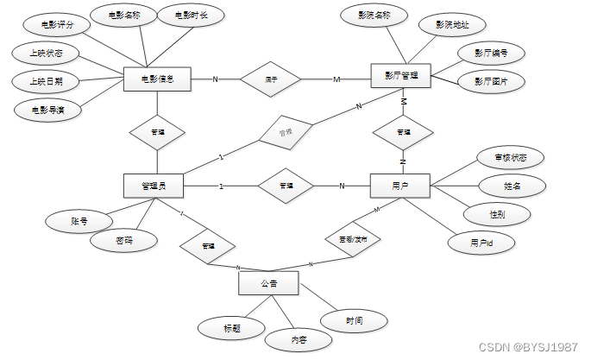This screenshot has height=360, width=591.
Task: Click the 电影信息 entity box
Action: pyautogui.click(x=156, y=79)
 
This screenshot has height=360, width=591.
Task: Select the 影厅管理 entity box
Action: pyautogui.click(x=400, y=75)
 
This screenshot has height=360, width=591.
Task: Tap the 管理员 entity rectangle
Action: pyautogui.click(x=156, y=186)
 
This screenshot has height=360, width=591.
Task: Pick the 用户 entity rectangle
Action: pyautogui.click(x=400, y=186)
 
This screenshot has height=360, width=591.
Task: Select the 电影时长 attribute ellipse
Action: pyautogui.click(x=191, y=16)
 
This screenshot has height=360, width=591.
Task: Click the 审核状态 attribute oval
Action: pyautogui.click(x=512, y=157)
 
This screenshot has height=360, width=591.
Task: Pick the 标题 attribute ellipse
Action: pyautogui.click(x=231, y=327)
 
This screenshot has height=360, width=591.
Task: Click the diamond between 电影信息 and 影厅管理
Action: pyautogui.click(x=271, y=79)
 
